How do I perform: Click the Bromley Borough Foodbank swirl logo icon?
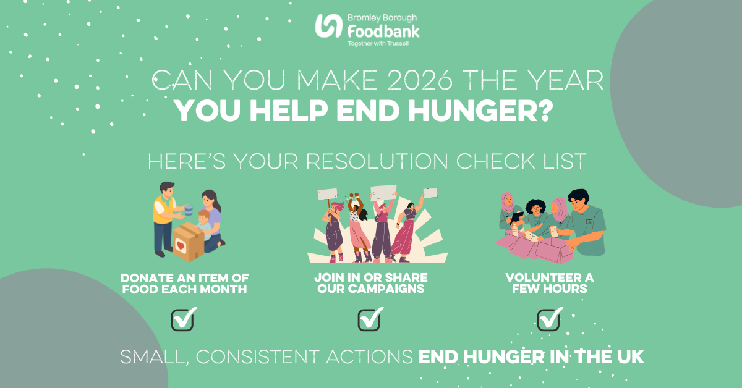tap(328, 26)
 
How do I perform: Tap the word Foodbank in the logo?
tap(383, 32)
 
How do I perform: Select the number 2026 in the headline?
tap(420, 80)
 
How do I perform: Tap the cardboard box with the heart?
tap(188, 242)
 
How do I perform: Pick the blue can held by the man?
tap(189, 210)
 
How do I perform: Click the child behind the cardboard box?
tap(203, 224)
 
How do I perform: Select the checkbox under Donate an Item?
tap(182, 320)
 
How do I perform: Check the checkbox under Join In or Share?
tap(369, 320)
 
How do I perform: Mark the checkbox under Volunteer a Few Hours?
tap(548, 320)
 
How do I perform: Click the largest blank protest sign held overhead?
tap(383, 192)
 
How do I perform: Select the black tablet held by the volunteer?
tap(517, 217)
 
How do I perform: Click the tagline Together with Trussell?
tap(378, 43)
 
